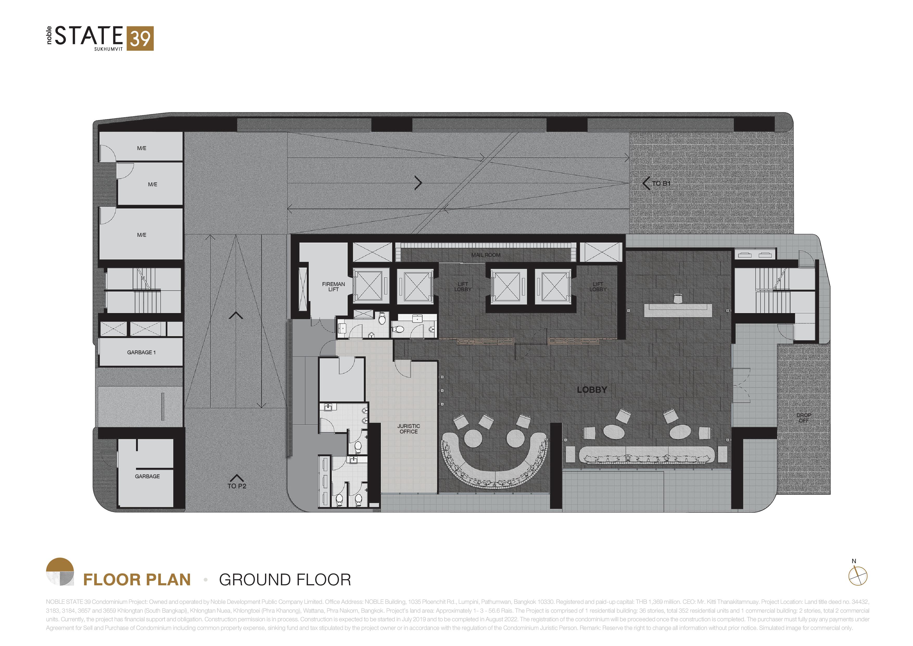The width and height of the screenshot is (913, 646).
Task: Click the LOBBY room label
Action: coord(592,390)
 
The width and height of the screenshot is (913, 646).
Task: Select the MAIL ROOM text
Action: coord(486,255)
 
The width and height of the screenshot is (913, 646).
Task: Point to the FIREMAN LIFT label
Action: coord(333,287)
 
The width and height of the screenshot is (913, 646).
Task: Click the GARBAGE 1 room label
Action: coord(141,352)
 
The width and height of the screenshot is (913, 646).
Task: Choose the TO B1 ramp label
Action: coord(661,183)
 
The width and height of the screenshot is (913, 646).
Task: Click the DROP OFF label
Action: coord(804,418)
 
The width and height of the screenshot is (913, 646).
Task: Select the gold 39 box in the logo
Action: coord(140,39)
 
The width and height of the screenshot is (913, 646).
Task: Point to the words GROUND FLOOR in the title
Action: coord(285,580)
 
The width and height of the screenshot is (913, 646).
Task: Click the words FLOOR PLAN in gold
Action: coord(137,580)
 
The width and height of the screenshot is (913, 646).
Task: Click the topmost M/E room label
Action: coord(142,148)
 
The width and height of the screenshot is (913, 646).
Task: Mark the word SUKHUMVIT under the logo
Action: coord(109,49)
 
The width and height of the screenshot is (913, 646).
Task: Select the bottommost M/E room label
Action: coord(142,235)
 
